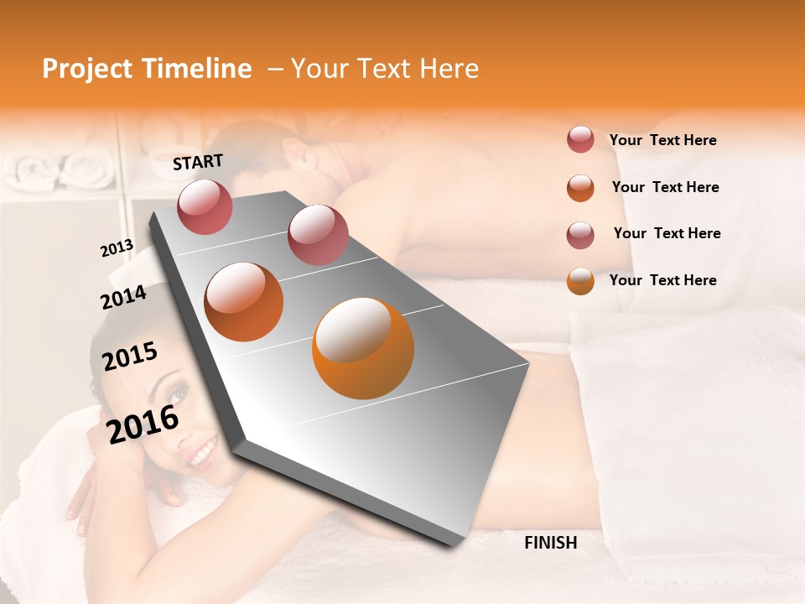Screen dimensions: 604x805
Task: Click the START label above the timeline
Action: pyautogui.click(x=198, y=162)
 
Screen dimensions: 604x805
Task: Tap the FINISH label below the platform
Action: pyautogui.click(x=551, y=543)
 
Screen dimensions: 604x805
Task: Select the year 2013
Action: pyautogui.click(x=117, y=248)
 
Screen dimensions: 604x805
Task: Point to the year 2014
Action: pyautogui.click(x=123, y=297)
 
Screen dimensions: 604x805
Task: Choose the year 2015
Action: pyautogui.click(x=130, y=357)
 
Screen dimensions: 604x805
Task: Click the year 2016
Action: pyautogui.click(x=143, y=424)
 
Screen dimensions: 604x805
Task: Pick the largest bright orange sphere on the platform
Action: pyautogui.click(x=362, y=347)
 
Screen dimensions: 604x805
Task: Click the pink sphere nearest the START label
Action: pyautogui.click(x=205, y=206)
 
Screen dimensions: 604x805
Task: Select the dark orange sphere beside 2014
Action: pyautogui.click(x=243, y=302)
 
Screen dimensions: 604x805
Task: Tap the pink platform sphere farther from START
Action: pyautogui.click(x=317, y=234)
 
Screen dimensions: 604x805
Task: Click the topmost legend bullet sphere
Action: pyautogui.click(x=580, y=139)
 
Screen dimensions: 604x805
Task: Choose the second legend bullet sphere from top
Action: pyautogui.click(x=580, y=187)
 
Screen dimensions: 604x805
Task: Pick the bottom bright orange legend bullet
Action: pyautogui.click(x=580, y=280)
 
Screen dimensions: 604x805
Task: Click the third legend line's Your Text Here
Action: pyautogui.click(x=667, y=233)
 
